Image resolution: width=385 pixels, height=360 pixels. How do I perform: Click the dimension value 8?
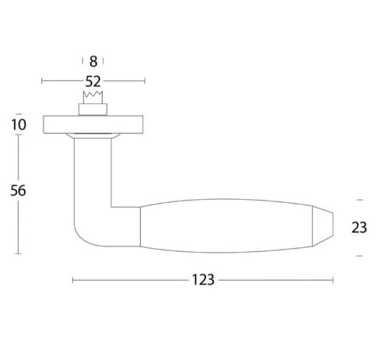point(93,61)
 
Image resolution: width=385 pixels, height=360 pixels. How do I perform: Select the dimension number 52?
point(93,80)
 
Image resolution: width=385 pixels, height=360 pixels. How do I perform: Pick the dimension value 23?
point(359,228)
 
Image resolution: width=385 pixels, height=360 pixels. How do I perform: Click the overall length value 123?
point(203,280)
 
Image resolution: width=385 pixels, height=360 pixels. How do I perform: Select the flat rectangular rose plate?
point(93,124)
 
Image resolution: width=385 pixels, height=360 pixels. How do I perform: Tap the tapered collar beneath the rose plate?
point(93,137)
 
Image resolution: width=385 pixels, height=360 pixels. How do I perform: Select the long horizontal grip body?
point(226,226)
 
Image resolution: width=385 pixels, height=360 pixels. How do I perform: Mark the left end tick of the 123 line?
point(72,280)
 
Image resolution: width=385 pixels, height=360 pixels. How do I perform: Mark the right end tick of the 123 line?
point(333,280)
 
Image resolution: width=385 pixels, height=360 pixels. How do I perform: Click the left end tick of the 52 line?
point(42,80)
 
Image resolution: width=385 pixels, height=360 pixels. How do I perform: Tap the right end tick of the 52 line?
point(145,80)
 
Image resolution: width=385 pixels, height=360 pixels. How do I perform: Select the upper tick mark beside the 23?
point(359,200)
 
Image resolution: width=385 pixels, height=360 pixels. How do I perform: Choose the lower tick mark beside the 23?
point(359,255)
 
